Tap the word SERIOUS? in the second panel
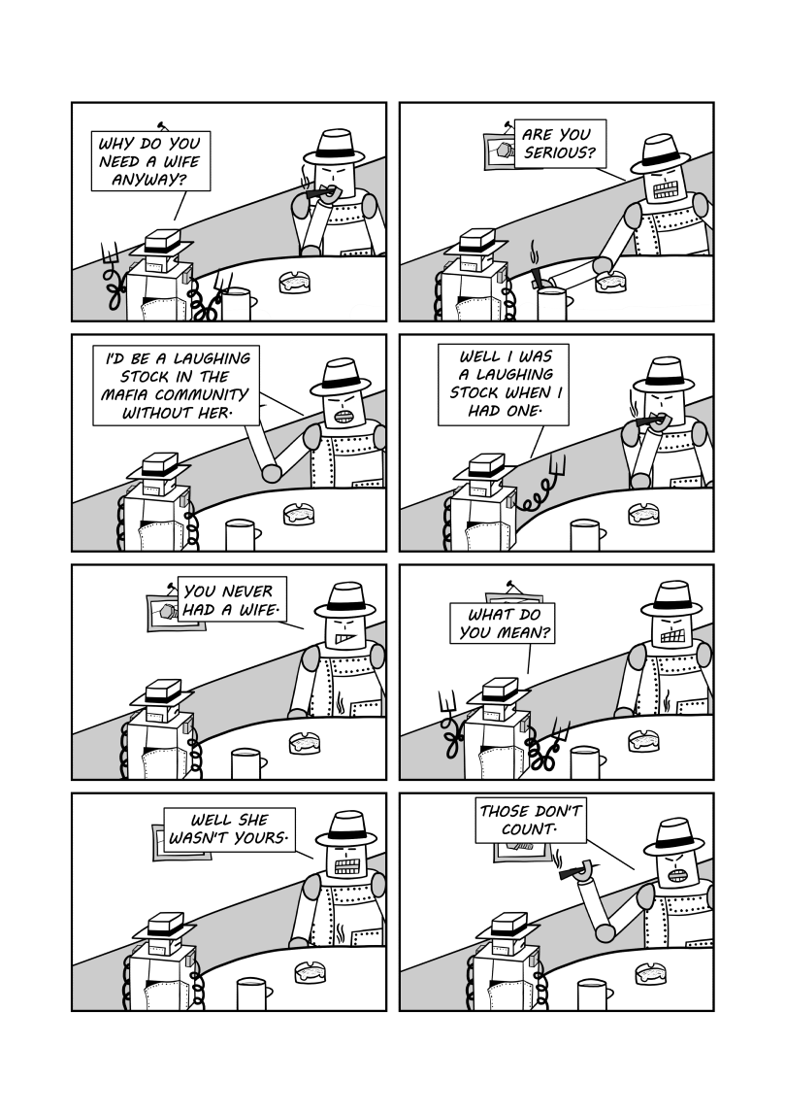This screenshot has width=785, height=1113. click(x=560, y=152)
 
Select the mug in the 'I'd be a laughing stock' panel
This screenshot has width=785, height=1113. click(x=241, y=535)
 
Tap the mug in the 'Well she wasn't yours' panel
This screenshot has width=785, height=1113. click(x=252, y=995)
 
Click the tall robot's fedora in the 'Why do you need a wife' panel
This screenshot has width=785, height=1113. click(x=334, y=148)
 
